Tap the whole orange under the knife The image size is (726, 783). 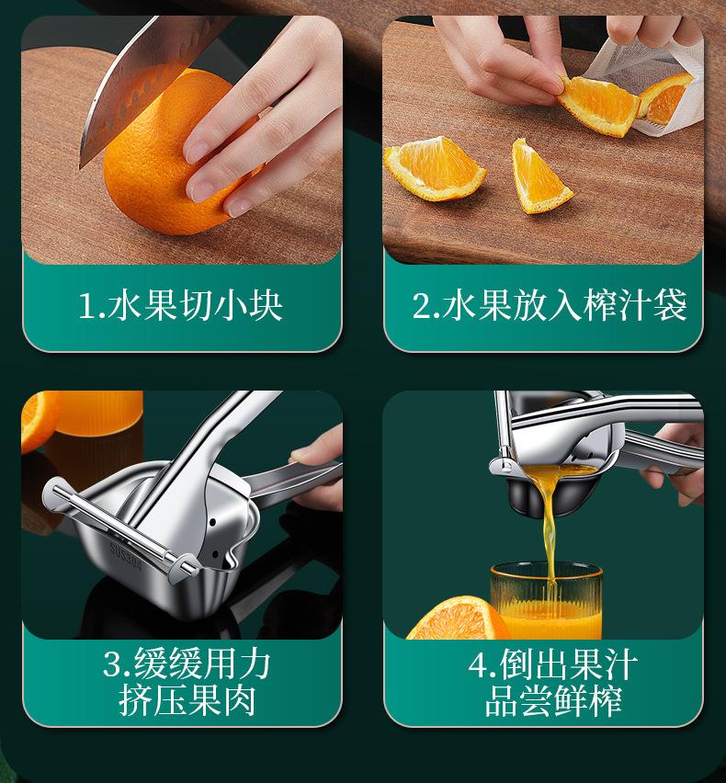(x=164, y=154)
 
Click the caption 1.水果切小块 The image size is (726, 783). (x=181, y=305)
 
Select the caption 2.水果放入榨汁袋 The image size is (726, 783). (x=550, y=305)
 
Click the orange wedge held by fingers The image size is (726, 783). (x=599, y=105)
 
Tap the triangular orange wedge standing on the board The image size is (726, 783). (x=539, y=177)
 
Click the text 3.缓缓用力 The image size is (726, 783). (x=187, y=664)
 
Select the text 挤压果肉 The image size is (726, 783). (x=187, y=700)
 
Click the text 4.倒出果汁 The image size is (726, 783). (x=553, y=664)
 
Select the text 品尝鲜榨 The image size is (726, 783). (x=553, y=700)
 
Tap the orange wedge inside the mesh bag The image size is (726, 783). (x=664, y=97)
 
